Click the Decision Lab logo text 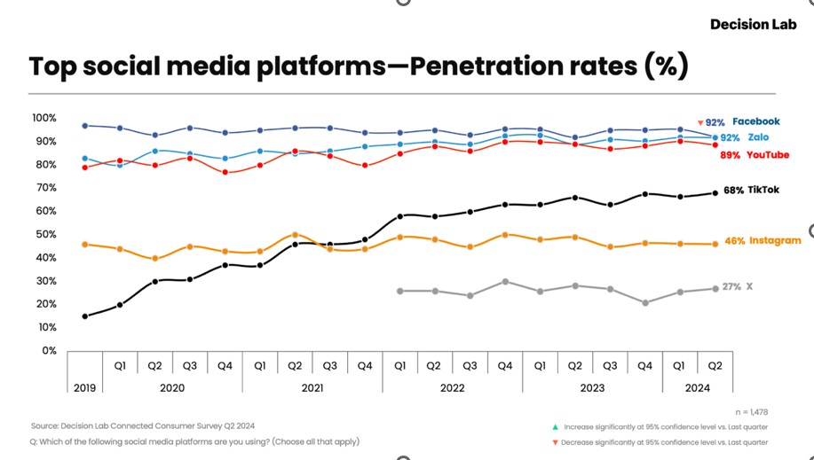coord(753,25)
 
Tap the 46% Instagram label coord(763,240)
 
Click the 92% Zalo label coord(744,137)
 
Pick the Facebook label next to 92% coord(755,121)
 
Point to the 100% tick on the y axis coord(43,118)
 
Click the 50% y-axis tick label coord(45,234)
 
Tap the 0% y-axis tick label coord(49,350)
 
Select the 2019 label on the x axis coord(84,388)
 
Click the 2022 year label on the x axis coord(453,388)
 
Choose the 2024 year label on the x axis coord(698,388)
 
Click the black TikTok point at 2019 coord(85,316)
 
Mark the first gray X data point coord(399,291)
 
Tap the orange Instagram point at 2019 coord(85,244)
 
